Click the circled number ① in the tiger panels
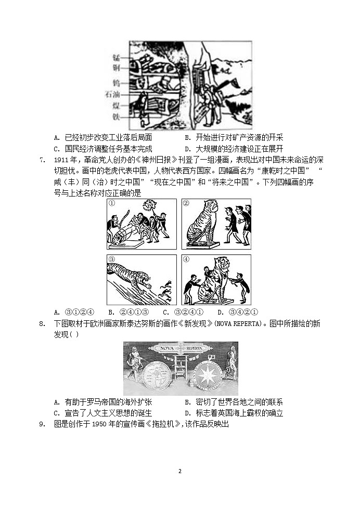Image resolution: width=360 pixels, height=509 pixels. click(111, 203)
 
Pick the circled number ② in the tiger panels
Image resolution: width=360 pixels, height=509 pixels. click(186, 203)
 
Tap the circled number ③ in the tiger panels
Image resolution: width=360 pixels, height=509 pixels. click(111, 259)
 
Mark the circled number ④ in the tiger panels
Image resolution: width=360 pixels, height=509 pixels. click(186, 259)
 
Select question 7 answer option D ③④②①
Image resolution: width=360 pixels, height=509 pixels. click(237, 312)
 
